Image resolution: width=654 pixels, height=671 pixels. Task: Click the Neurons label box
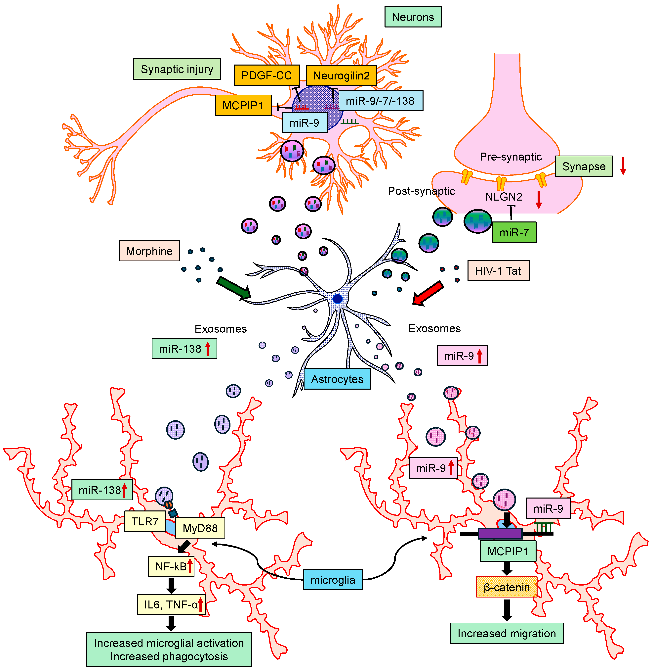point(413,17)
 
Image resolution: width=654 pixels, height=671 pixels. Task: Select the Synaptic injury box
point(177,69)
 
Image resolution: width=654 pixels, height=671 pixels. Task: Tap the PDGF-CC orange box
point(266,75)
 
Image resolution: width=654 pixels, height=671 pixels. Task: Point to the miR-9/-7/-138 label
point(381,101)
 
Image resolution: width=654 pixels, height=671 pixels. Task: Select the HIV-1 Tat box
point(498,270)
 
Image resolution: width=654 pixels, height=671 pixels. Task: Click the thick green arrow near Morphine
point(234,287)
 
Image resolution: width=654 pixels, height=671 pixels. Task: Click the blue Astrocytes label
point(337,379)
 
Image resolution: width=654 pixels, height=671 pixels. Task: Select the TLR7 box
point(145,521)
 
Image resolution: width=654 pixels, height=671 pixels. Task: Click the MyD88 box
point(200,528)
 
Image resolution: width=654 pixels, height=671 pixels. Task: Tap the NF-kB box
point(171,566)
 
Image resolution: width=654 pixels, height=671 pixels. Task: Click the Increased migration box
point(506,633)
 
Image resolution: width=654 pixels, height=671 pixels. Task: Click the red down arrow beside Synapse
point(623,166)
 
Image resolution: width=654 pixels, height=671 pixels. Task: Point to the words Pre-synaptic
point(511,157)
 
